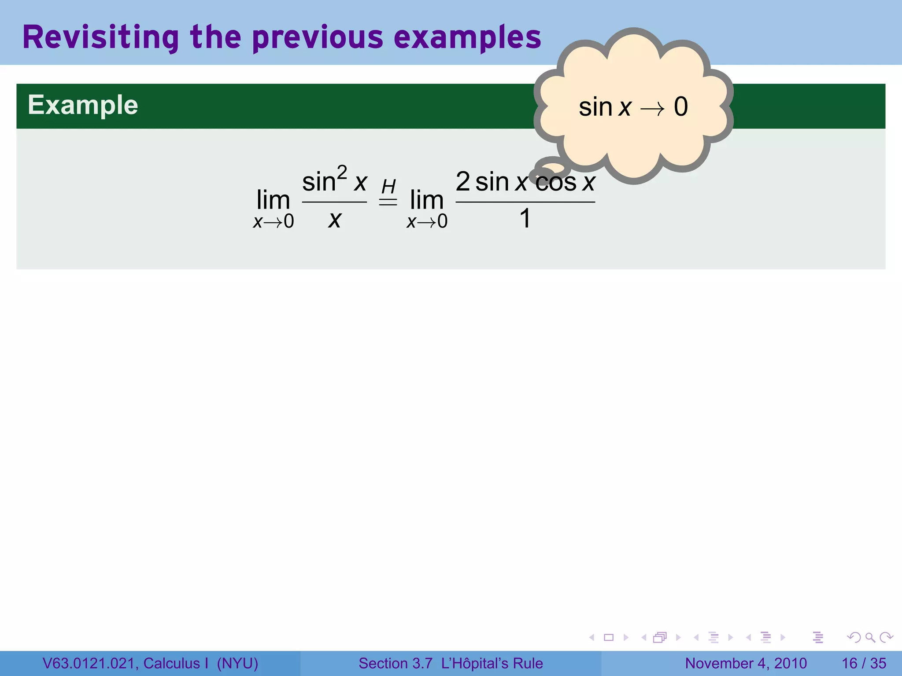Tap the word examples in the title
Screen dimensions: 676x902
pos(467,37)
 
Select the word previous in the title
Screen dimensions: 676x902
pos(318,37)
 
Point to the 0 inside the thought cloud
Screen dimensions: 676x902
pos(680,107)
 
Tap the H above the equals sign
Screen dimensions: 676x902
pos(388,187)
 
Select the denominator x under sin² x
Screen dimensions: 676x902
pos(335,219)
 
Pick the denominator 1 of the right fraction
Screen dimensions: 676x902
pos(525,218)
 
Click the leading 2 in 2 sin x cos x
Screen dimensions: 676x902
pos(462,181)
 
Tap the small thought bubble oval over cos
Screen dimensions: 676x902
pos(551,169)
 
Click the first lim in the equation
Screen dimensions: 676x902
pos(273,200)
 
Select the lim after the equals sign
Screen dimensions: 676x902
pos(426,200)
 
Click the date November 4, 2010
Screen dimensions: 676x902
pos(746,663)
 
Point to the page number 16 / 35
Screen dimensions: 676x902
pos(864,663)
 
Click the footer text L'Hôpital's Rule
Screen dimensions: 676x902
pos(492,663)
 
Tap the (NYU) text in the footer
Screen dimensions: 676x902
pos(237,663)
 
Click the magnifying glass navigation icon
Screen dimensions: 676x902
pos(870,637)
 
